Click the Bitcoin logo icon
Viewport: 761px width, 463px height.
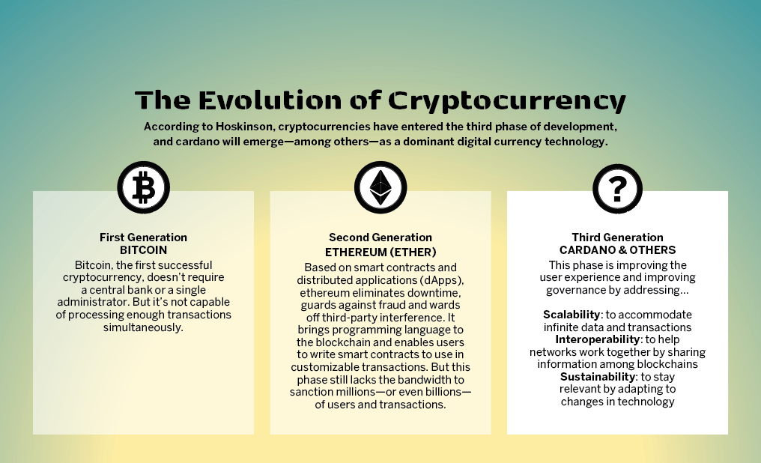click(144, 187)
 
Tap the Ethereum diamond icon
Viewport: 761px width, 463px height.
click(380, 187)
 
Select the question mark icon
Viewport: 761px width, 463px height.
click(617, 189)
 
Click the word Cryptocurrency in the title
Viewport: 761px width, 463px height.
click(506, 101)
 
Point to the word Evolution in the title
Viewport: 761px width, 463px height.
click(270, 100)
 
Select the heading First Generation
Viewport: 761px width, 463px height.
click(143, 237)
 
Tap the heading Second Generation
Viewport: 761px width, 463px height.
click(380, 237)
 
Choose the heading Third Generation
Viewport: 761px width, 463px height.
click(617, 237)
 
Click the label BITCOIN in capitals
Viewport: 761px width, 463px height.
click(143, 250)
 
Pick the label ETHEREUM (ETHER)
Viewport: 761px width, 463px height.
click(380, 252)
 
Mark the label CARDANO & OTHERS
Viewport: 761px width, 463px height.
click(617, 250)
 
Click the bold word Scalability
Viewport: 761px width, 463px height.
click(571, 315)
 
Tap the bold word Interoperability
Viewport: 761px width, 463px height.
click(598, 339)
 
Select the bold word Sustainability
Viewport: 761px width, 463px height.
click(598, 377)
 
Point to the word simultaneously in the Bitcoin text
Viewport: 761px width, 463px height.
click(143, 327)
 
